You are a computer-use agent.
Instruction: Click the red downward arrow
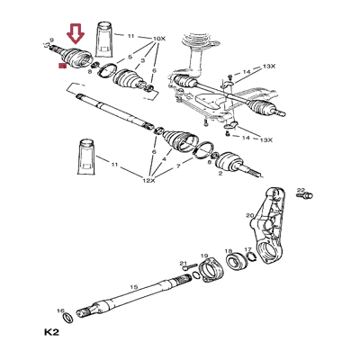[76, 34]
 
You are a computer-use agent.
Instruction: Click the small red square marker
[60, 65]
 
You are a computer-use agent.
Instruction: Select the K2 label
[51, 333]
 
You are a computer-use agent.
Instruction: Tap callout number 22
[301, 191]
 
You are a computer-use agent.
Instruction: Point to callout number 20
[250, 216]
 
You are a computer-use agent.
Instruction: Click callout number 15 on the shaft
[133, 287]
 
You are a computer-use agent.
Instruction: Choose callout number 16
[60, 310]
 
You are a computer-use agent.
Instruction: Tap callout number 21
[183, 264]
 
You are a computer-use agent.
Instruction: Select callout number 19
[204, 255]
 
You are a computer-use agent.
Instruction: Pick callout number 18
[229, 251]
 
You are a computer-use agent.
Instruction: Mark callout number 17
[248, 251]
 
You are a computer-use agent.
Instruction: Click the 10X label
[160, 39]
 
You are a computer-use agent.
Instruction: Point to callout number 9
[53, 40]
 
